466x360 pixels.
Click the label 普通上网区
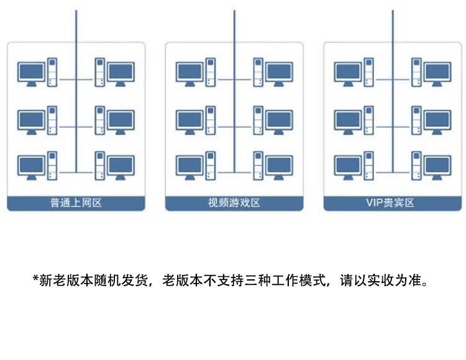click(x=76, y=203)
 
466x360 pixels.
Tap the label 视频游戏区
click(x=234, y=203)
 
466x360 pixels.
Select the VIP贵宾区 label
click(x=390, y=203)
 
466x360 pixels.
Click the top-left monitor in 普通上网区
click(x=32, y=74)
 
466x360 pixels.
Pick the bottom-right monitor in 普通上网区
click(x=121, y=168)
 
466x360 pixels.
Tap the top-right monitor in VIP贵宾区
click(x=437, y=74)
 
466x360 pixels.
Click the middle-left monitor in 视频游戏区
click(x=190, y=122)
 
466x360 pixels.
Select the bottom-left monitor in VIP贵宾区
click(x=348, y=168)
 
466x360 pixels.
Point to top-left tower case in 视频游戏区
click(x=211, y=73)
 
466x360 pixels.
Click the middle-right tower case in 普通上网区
click(x=100, y=120)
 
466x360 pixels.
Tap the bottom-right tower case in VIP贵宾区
click(x=416, y=166)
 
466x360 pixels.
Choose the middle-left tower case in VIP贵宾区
click(x=369, y=120)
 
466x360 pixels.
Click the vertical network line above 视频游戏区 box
click(x=234, y=26)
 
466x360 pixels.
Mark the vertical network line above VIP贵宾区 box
click(x=393, y=26)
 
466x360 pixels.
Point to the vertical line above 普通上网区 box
click(x=76, y=26)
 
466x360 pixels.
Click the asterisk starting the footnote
click(x=35, y=278)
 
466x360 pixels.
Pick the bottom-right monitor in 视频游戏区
click(x=279, y=168)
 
